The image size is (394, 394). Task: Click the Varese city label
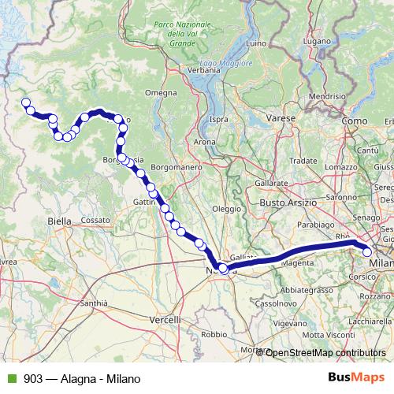[281, 117]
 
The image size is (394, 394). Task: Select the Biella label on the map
[59, 221]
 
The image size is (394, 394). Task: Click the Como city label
[355, 120]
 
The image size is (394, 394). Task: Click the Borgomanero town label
[178, 168]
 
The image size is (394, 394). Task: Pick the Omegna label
[161, 93]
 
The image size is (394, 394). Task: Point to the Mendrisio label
[327, 96]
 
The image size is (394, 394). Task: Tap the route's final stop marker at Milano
[368, 252]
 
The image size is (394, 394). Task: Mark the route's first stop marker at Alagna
[25, 102]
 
